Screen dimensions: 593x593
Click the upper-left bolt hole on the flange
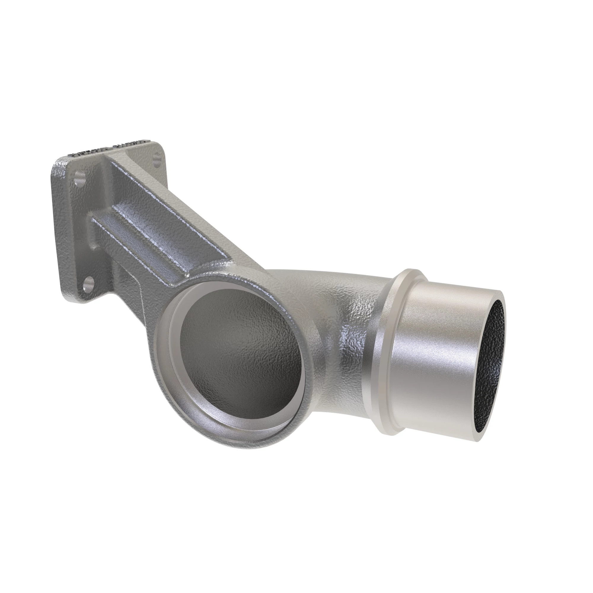(80, 178)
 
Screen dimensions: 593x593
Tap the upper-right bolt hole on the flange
(157, 159)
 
